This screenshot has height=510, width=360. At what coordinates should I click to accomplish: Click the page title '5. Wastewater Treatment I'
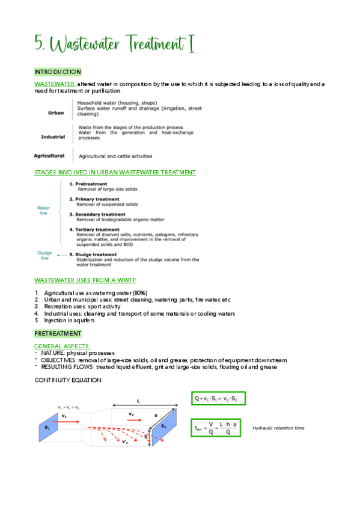(x=114, y=43)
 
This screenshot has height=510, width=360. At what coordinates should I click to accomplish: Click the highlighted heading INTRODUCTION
(x=58, y=72)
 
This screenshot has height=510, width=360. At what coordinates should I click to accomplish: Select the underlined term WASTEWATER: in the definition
(x=55, y=84)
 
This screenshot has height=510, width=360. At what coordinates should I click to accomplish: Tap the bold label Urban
(x=56, y=112)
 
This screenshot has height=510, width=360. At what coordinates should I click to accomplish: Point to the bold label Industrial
(x=53, y=137)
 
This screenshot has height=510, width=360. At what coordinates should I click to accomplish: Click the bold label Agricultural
(x=49, y=156)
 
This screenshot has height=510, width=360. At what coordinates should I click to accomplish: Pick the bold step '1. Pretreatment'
(x=88, y=183)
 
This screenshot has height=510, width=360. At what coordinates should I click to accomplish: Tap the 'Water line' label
(x=43, y=210)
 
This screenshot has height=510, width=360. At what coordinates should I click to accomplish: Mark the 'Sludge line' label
(x=44, y=256)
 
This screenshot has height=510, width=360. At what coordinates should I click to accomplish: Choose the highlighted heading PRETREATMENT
(x=58, y=334)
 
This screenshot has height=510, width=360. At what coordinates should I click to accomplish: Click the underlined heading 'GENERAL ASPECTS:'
(x=63, y=346)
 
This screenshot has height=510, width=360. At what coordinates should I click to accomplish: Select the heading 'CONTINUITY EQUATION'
(x=68, y=381)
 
